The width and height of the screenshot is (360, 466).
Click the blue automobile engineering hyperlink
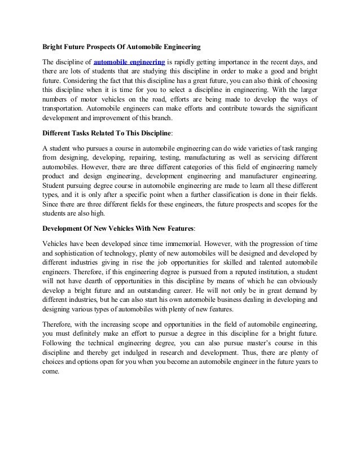129,61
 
